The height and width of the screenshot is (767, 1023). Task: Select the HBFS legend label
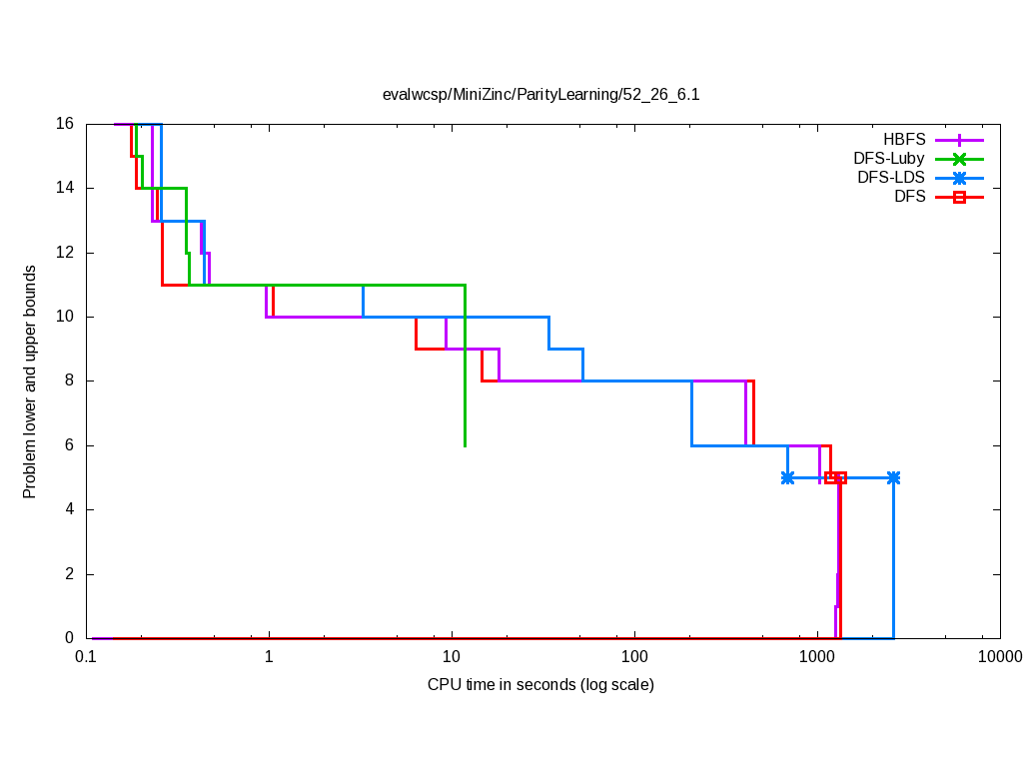(x=904, y=139)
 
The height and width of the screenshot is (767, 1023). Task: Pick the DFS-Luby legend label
(x=889, y=158)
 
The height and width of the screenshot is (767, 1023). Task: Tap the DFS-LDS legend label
(x=891, y=178)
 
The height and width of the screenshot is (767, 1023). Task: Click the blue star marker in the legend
(x=959, y=178)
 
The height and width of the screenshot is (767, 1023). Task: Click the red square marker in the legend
(x=959, y=197)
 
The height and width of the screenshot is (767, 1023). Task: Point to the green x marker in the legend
(x=959, y=158)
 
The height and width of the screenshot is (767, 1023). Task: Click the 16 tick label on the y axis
(x=65, y=124)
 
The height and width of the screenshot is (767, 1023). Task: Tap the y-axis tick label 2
(x=69, y=574)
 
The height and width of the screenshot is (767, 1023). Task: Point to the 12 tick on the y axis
(x=65, y=253)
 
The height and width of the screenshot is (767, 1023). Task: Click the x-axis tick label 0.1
(x=86, y=656)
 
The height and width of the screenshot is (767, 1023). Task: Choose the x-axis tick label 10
(x=452, y=656)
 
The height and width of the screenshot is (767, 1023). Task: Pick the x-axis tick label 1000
(x=817, y=656)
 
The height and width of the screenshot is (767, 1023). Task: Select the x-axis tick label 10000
(x=999, y=656)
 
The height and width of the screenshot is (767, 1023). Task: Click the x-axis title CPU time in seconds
(x=540, y=684)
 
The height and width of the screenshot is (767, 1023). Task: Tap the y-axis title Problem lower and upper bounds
(x=30, y=382)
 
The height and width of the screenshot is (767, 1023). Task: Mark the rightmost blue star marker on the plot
(x=893, y=477)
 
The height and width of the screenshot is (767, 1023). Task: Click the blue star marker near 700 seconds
(x=787, y=477)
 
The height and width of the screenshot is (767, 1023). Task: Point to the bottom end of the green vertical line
(x=465, y=445)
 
